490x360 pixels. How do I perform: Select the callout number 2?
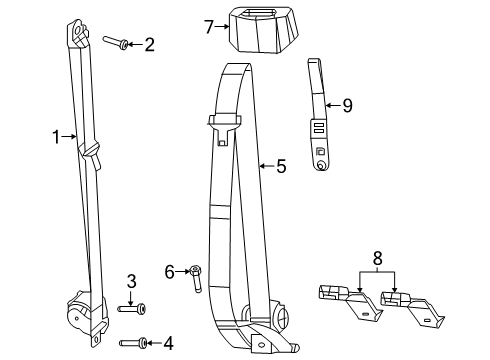(150, 43)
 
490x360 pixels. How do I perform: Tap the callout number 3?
(131, 281)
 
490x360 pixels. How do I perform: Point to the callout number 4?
(168, 342)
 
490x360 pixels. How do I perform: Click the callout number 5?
(281, 166)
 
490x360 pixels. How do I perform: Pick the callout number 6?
(170, 270)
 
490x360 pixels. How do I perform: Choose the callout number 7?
(208, 27)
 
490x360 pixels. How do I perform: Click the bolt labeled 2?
(116, 42)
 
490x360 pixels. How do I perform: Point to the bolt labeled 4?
(136, 343)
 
